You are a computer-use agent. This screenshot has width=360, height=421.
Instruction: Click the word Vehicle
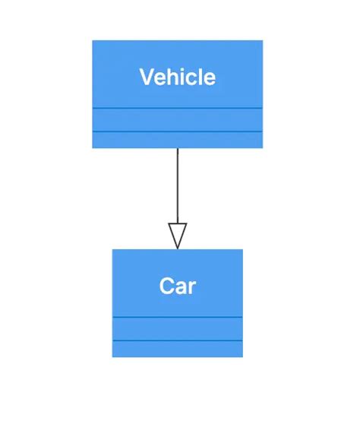(x=177, y=77)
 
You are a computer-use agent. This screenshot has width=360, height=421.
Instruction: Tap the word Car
(x=177, y=286)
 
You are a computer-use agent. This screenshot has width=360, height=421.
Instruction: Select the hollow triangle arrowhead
(x=177, y=235)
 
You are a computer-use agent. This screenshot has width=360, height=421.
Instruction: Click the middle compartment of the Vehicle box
(x=177, y=120)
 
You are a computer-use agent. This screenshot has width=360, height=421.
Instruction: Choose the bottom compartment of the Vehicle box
(x=177, y=140)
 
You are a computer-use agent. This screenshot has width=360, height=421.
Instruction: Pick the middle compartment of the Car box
(x=177, y=328)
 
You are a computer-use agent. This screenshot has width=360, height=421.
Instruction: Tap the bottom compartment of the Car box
(x=177, y=349)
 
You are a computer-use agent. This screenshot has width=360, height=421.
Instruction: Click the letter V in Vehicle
(x=147, y=77)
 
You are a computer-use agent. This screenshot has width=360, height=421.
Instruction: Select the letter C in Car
(x=167, y=286)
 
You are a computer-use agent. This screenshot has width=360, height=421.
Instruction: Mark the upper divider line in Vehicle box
(x=177, y=109)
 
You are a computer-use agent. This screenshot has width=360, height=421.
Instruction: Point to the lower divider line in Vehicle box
(x=177, y=131)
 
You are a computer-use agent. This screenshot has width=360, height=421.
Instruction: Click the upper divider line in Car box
(x=177, y=317)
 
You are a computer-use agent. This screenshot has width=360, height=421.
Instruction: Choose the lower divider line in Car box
(x=177, y=340)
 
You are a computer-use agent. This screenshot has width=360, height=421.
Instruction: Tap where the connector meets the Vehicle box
(x=177, y=148)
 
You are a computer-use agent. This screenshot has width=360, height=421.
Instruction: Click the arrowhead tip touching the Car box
(x=177, y=248)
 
